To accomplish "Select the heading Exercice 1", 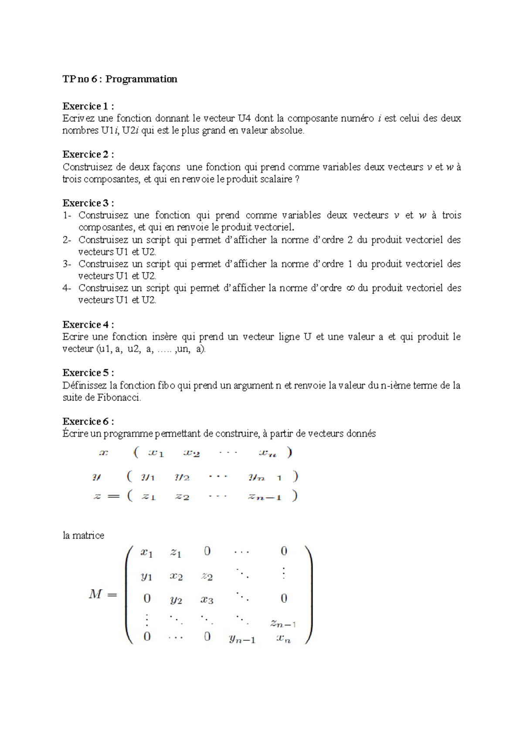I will (x=88, y=106).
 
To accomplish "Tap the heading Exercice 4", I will (x=88, y=325).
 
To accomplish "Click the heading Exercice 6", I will (x=88, y=421).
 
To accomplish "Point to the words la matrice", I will (x=83, y=536).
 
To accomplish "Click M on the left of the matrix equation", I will (x=95, y=594).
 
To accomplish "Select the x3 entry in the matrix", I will (x=207, y=600).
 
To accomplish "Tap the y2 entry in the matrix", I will (x=176, y=600).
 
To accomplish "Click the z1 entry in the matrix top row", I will (x=176, y=553).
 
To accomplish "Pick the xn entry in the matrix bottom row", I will (x=283, y=639).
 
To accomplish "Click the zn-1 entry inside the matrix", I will (x=283, y=623).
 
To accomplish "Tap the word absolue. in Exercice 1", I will (x=287, y=130).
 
